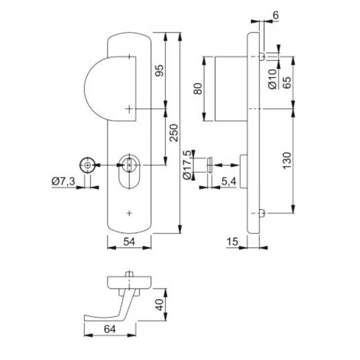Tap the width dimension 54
(x=129, y=242)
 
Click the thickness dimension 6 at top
(x=275, y=17)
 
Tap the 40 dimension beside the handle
(x=160, y=305)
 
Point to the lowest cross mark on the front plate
(x=130, y=213)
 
